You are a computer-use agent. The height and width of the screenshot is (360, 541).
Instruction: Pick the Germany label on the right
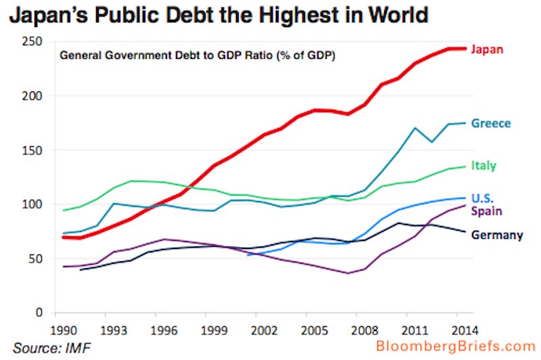[x=497, y=235]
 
